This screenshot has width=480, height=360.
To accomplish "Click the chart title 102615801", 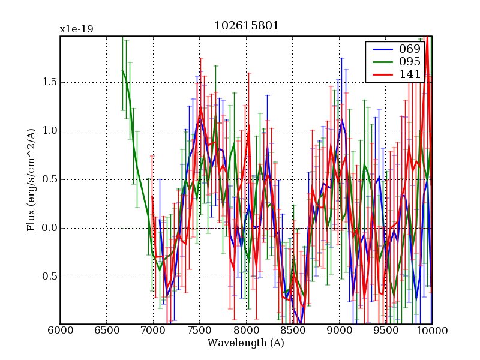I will pyautogui.click(x=247, y=26).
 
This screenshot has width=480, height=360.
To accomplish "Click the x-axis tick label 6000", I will pyautogui.click(x=60, y=331).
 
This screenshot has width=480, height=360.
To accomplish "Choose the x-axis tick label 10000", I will pyautogui.click(x=431, y=331).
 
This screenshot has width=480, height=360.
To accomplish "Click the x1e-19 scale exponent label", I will pyautogui.click(x=76, y=29).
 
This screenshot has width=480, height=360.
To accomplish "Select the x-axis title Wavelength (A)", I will pyautogui.click(x=246, y=343).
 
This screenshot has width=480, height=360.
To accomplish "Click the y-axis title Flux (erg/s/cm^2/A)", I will pyautogui.click(x=31, y=180).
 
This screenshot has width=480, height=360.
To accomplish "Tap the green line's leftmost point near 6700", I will pyautogui.click(x=122, y=71).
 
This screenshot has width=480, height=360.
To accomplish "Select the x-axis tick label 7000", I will pyautogui.click(x=153, y=331).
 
